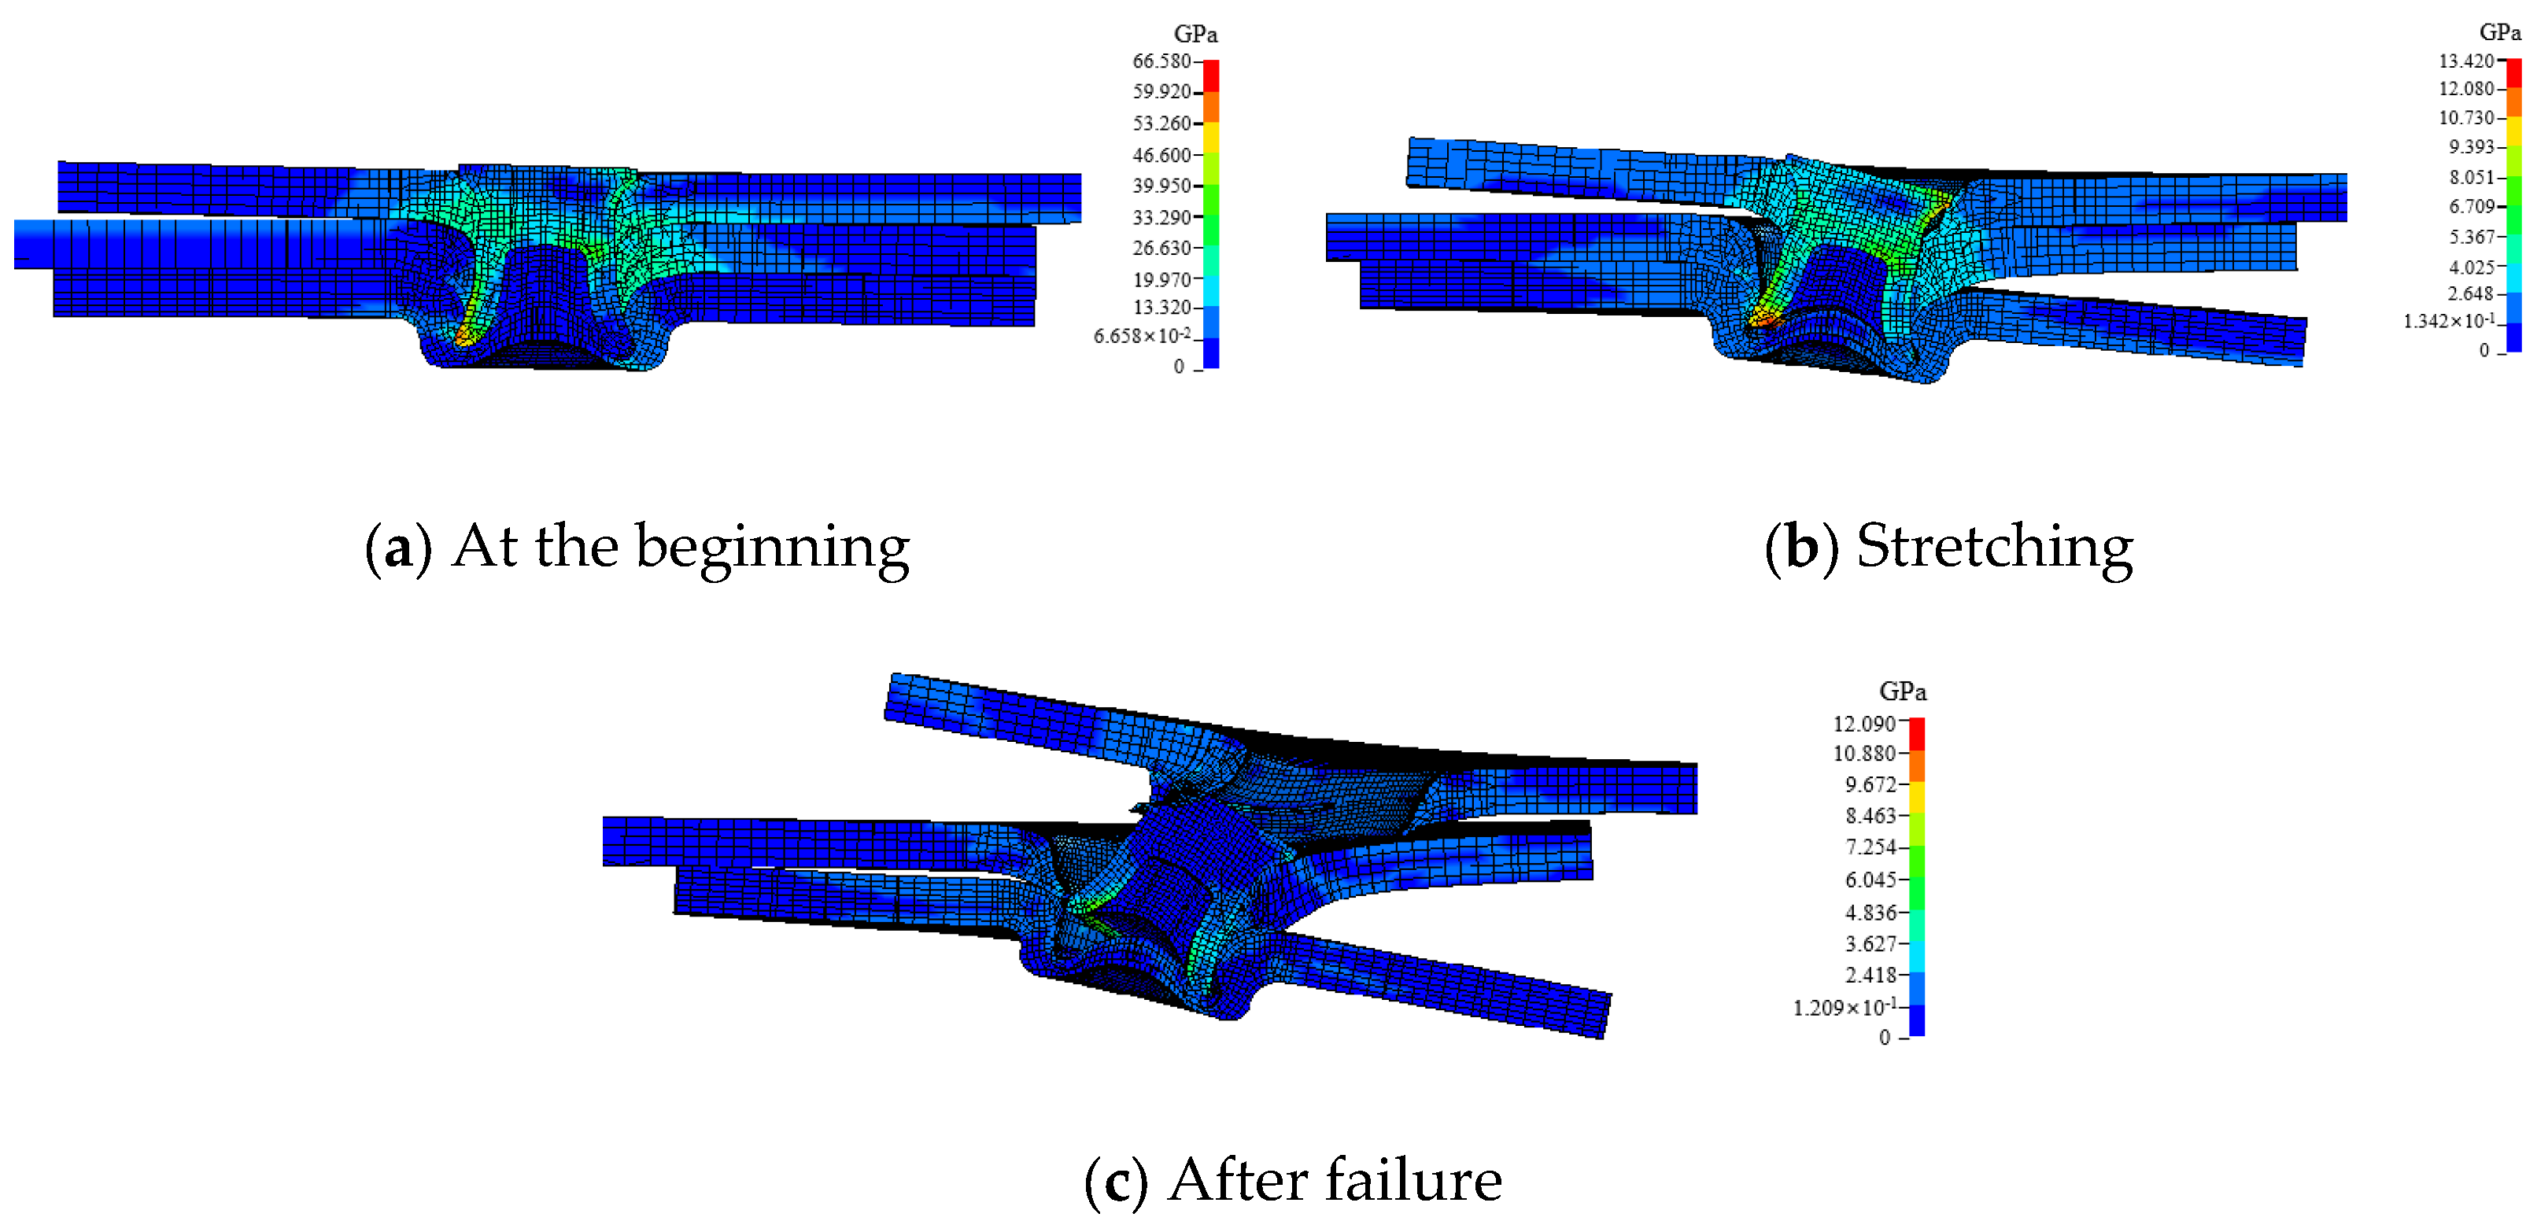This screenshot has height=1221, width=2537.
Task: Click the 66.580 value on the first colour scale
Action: pos(1161,61)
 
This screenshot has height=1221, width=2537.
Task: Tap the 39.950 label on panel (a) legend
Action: pos(1161,186)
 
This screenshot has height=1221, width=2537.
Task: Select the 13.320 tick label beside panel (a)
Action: pos(1161,308)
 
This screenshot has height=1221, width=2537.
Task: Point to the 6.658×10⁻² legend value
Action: pos(1142,336)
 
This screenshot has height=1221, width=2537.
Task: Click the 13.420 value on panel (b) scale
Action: pos(2466,61)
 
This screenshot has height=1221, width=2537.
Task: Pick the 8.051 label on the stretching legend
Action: pos(2472,177)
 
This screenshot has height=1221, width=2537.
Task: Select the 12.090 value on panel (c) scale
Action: pos(1863,724)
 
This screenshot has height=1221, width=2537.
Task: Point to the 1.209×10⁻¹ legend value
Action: pos(1844,1007)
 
